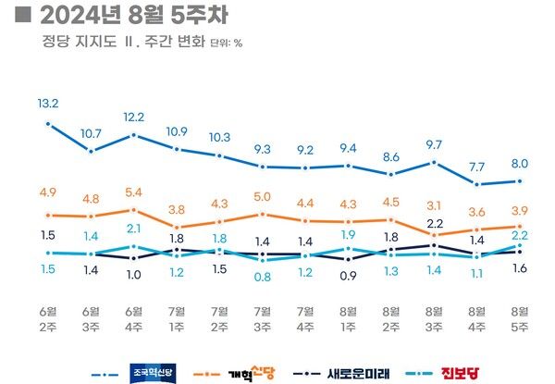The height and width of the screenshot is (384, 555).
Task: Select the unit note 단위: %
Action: (x=227, y=43)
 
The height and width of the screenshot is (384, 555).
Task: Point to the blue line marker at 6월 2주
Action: (x=48, y=123)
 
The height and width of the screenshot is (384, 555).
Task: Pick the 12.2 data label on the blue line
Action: (x=134, y=117)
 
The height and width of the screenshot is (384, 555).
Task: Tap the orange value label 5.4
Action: (x=134, y=192)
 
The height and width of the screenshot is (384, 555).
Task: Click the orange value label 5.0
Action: (x=263, y=196)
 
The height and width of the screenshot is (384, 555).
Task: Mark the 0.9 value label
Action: (x=349, y=275)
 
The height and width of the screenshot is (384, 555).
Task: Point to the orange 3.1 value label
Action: (x=434, y=204)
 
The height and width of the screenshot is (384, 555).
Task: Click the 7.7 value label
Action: (x=476, y=167)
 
